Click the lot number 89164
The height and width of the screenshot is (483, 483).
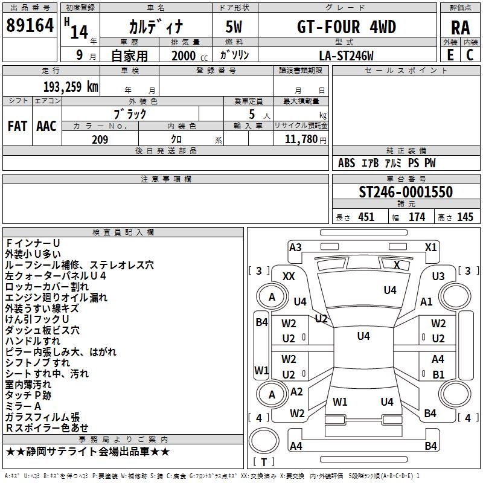click(30, 26)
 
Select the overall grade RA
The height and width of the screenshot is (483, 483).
click(460, 28)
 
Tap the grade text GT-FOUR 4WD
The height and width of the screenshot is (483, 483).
click(346, 28)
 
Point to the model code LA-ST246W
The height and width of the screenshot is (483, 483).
click(346, 56)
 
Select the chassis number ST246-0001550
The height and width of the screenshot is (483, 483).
click(405, 193)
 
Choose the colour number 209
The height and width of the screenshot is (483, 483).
click(100, 140)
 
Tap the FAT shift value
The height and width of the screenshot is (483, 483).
click(17, 126)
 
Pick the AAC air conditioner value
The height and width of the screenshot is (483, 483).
click(46, 126)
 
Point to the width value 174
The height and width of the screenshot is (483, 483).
click(417, 217)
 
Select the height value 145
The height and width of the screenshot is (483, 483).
click(465, 217)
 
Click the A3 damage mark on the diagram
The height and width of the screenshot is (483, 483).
click(295, 247)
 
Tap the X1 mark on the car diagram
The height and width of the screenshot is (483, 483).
click(430, 247)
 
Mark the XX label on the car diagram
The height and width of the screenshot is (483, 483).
click(289, 276)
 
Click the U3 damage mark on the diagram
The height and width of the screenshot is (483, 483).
click(438, 276)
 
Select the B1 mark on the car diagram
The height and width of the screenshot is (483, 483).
click(438, 374)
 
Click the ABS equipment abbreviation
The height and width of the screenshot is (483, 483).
click(347, 163)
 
